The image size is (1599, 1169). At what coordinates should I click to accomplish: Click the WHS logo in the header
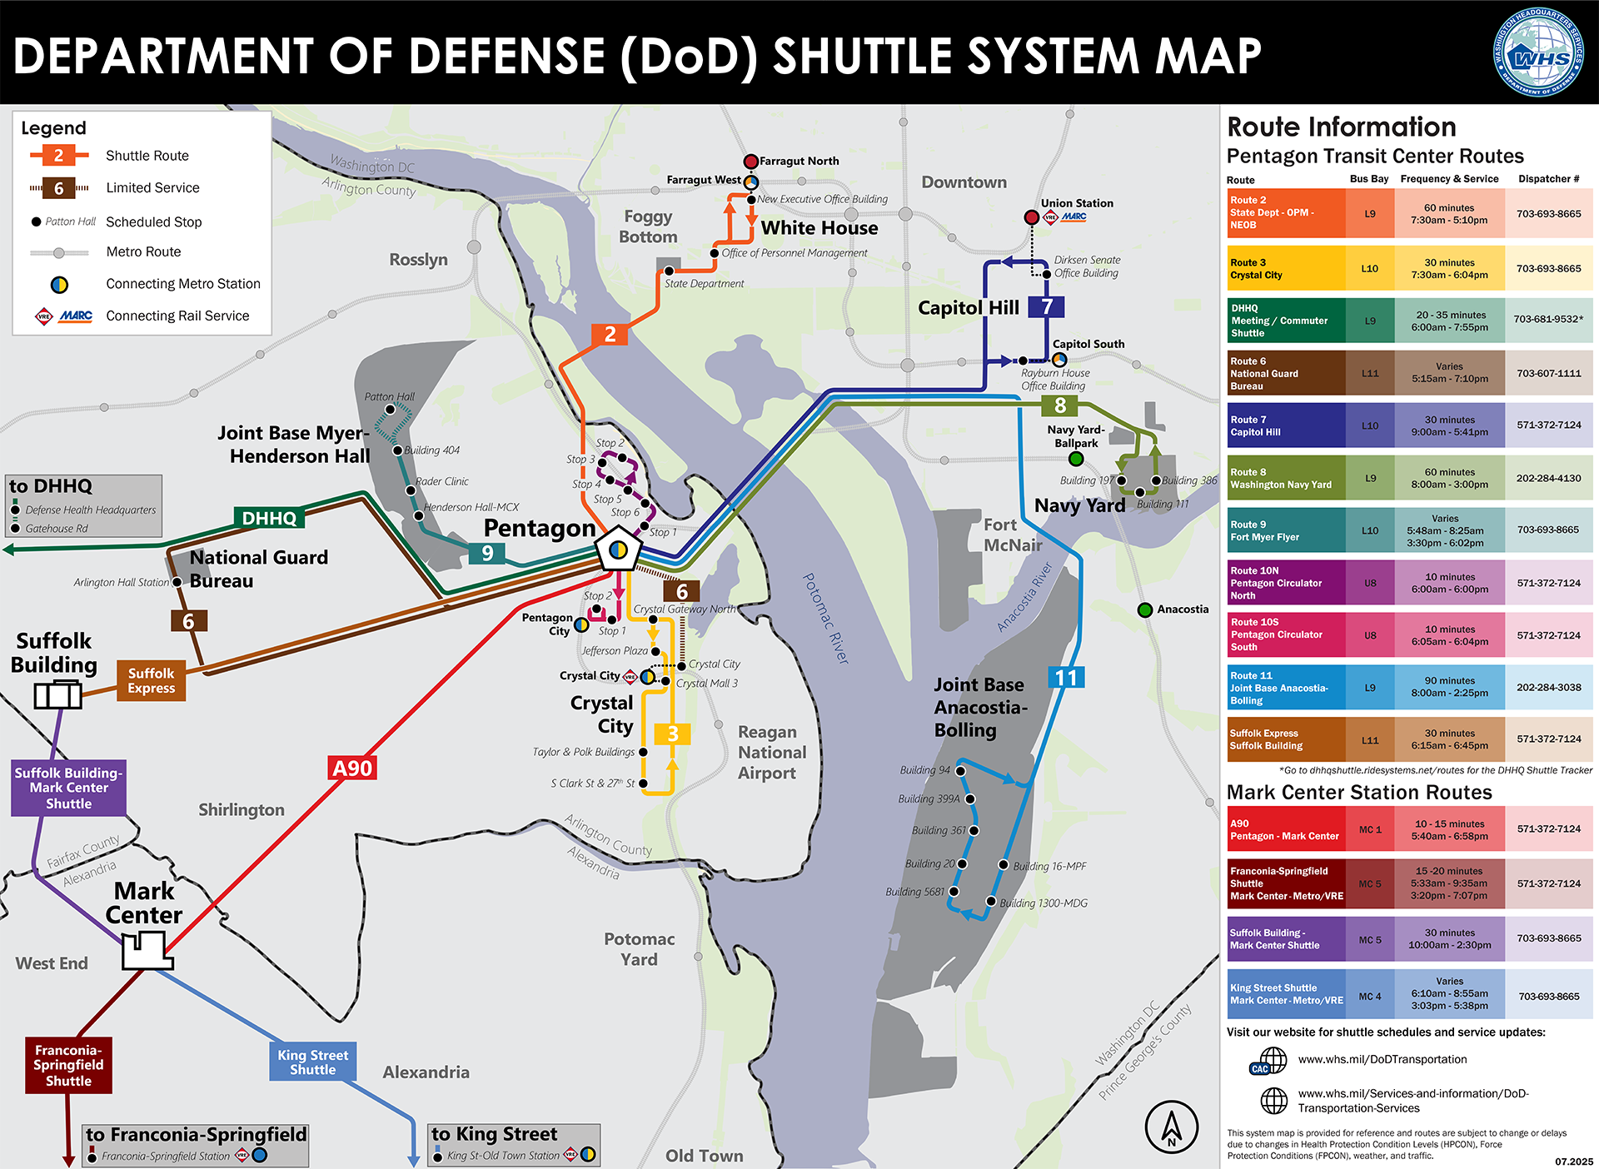point(1538,53)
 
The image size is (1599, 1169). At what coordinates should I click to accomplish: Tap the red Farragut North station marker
point(750,162)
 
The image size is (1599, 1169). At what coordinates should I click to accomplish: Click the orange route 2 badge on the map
point(610,335)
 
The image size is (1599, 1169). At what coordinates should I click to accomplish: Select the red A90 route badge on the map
point(352,768)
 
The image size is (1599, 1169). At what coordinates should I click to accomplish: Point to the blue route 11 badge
point(1066,678)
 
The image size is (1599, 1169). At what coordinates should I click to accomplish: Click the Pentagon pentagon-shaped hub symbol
point(618,550)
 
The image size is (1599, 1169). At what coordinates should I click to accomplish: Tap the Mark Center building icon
point(147,950)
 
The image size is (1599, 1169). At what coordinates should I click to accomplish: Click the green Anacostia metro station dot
point(1145,609)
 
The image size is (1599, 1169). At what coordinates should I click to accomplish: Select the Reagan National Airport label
point(771,752)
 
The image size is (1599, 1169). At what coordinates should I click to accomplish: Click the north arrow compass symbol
point(1172,1127)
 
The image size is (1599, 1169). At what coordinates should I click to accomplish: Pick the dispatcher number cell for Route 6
point(1548,373)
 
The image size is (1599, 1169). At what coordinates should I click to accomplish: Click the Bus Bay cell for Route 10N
point(1370,583)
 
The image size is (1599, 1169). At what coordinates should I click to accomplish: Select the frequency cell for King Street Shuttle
point(1449,993)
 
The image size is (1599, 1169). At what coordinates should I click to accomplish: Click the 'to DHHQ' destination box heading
point(52,486)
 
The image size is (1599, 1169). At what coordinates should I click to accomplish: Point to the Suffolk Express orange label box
point(152,680)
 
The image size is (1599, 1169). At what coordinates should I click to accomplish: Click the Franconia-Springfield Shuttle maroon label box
point(68,1065)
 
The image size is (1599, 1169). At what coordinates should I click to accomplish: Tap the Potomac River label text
point(825,617)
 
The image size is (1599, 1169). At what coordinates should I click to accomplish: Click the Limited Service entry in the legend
point(152,188)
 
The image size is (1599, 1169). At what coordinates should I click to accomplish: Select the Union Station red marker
point(1031,217)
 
